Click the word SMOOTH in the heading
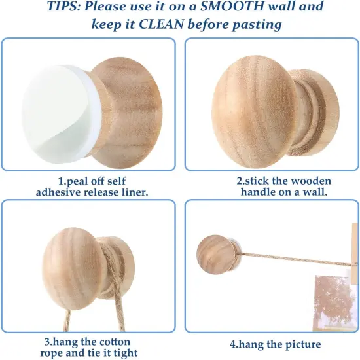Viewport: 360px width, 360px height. pos(232,6)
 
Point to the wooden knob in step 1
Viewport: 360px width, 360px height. pos(126,113)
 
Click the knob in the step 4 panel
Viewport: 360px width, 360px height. pos(217,255)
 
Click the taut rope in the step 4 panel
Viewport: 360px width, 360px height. pos(296,259)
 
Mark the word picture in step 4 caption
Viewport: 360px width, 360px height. pos(303,344)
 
